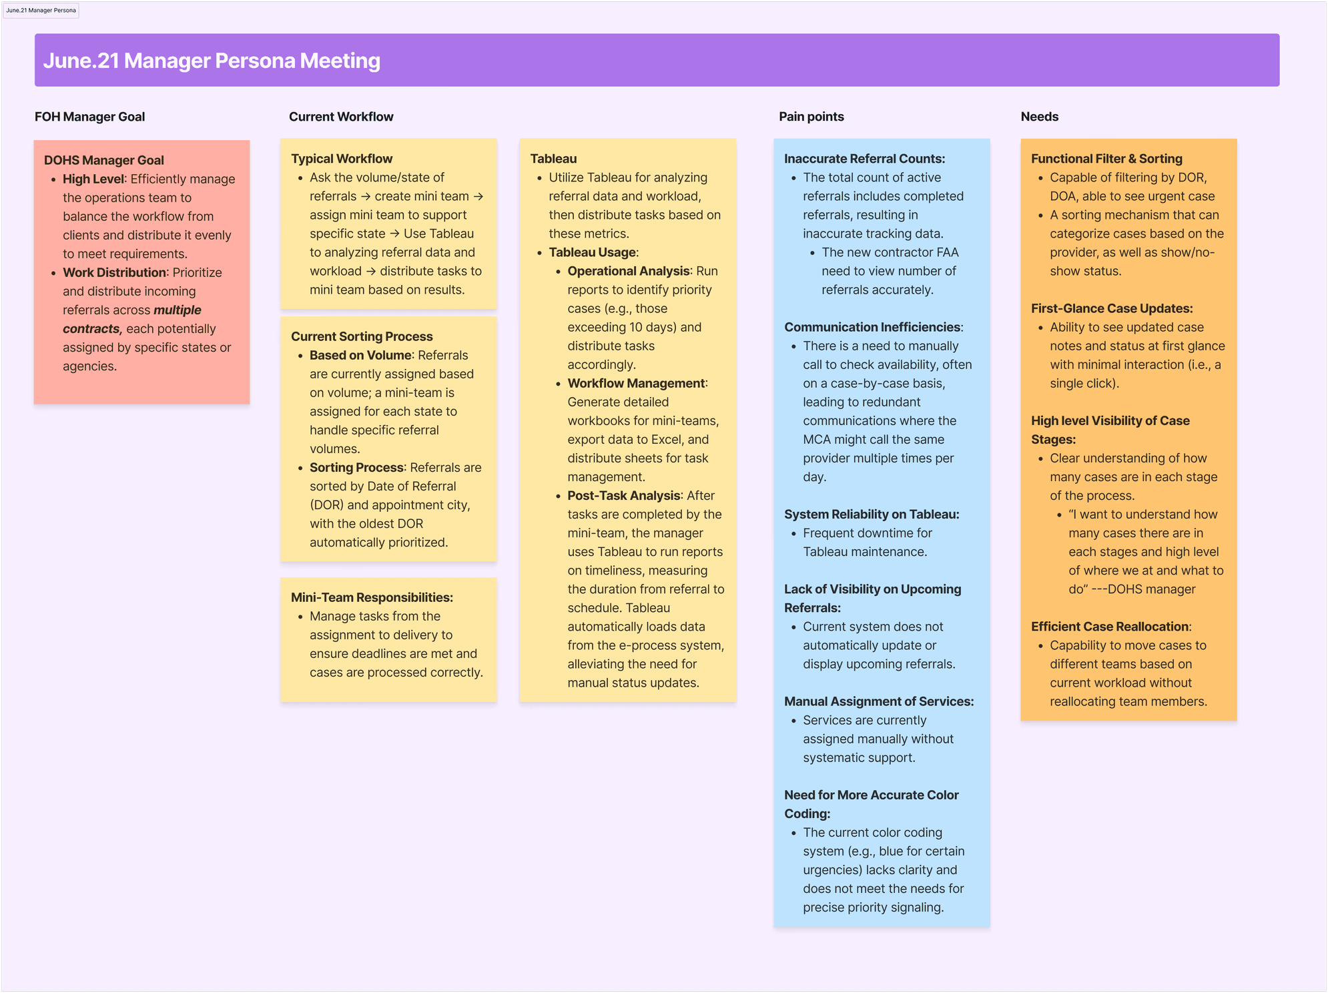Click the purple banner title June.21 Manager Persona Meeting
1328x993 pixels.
(212, 61)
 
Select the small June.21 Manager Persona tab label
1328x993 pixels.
(41, 10)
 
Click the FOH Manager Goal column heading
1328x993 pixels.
(89, 117)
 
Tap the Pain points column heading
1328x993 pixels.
(811, 117)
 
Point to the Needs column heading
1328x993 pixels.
(1039, 117)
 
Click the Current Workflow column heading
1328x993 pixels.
(340, 117)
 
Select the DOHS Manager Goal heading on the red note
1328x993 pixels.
(103, 160)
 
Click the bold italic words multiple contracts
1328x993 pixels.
(132, 320)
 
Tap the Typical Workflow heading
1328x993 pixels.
(341, 159)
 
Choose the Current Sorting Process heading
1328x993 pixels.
(361, 336)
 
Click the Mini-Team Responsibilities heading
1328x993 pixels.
(372, 597)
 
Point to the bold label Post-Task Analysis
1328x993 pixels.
(623, 496)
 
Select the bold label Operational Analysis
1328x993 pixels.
(628, 271)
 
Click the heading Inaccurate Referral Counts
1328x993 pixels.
(864, 159)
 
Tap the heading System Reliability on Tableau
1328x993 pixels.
(871, 515)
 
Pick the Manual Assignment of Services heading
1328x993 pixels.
(878, 701)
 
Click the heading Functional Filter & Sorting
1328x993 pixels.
(1106, 159)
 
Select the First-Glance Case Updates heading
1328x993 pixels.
(1111, 308)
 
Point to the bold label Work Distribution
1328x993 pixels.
(114, 272)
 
